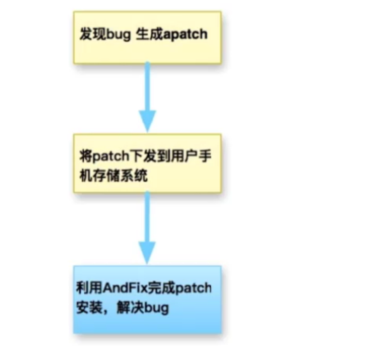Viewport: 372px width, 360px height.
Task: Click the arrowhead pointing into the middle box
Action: (148, 121)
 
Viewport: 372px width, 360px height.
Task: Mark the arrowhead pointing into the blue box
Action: (148, 252)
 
